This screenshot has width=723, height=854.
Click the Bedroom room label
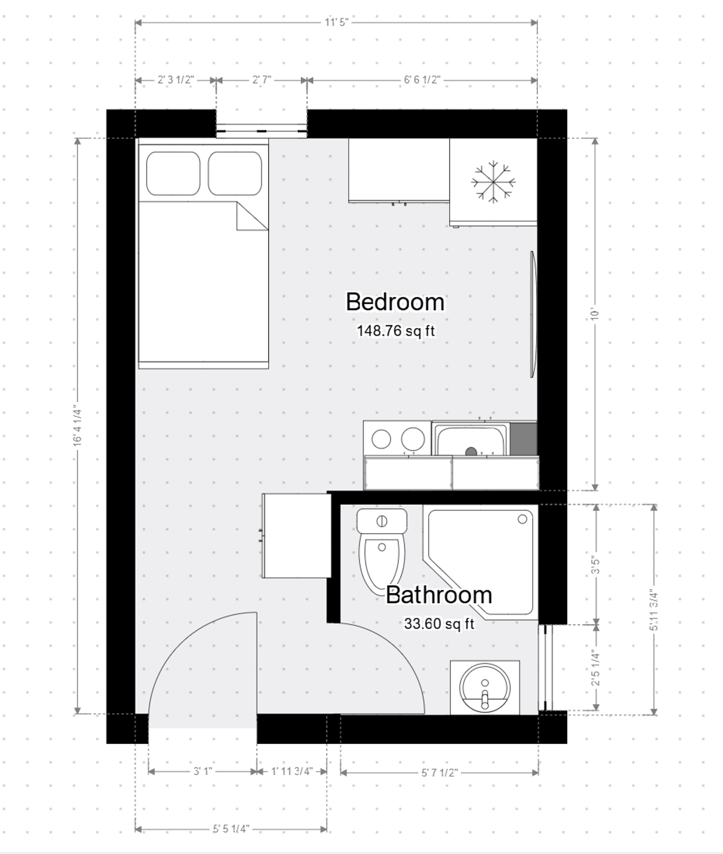395,302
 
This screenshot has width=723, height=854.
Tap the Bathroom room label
438,595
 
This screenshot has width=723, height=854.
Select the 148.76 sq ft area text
395,331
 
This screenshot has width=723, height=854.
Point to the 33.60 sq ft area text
439,624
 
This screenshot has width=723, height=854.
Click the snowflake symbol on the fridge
493,182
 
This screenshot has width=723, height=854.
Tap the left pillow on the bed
173,173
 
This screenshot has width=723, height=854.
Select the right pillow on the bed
235,173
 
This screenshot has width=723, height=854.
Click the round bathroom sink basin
485,688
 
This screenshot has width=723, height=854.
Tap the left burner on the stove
381,439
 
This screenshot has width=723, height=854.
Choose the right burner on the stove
413,439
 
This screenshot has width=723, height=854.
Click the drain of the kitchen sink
471,452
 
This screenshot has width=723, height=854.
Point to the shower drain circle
522,519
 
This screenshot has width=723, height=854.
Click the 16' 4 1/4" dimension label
78,425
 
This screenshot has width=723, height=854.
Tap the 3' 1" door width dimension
202,771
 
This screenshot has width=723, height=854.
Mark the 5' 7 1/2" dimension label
439,773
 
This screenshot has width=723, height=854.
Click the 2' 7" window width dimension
261,80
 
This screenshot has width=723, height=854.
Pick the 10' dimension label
595,314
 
